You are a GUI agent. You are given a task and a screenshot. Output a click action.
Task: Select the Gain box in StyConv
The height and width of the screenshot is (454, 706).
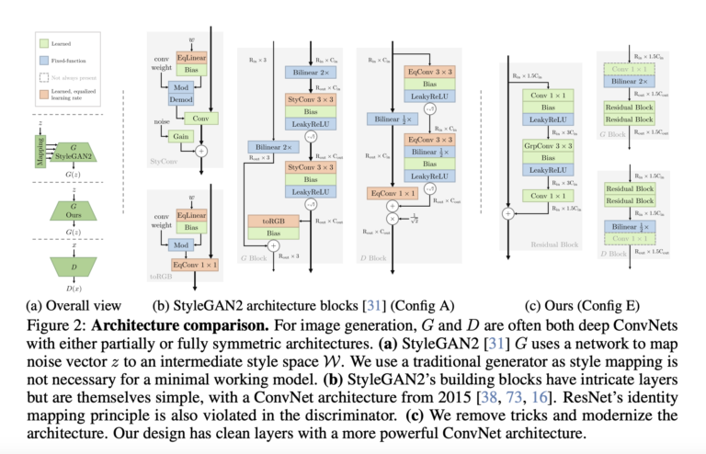click(179, 136)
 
